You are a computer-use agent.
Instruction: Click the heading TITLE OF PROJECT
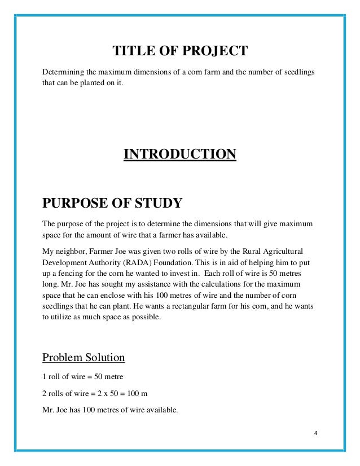pyautogui.click(x=180, y=52)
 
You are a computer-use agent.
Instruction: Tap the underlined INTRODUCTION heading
pyautogui.click(x=179, y=154)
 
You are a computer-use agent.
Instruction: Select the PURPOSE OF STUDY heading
pyautogui.click(x=112, y=203)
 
